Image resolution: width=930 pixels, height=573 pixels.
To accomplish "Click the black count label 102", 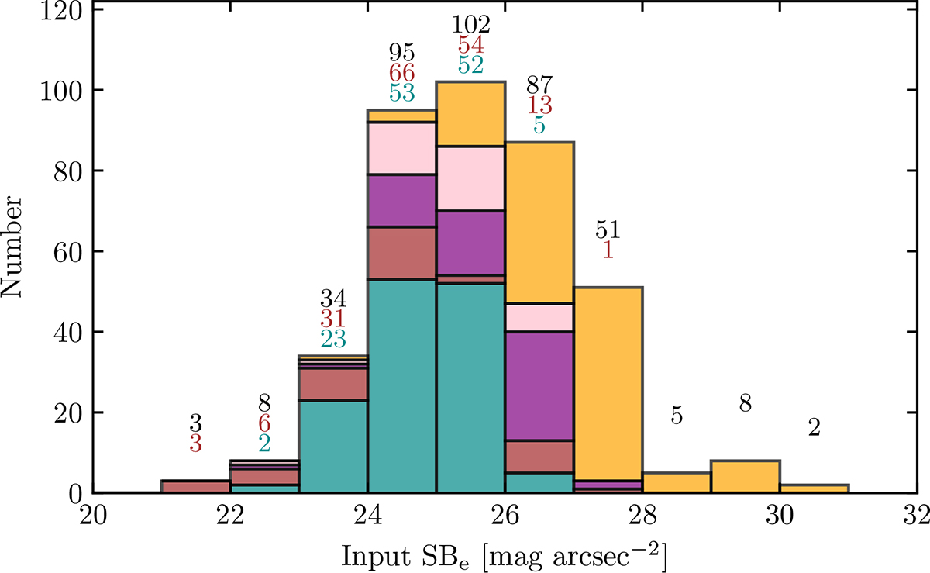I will [470, 25].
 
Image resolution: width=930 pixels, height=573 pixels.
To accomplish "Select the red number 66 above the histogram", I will [402, 73].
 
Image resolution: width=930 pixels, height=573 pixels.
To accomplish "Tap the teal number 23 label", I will [333, 338].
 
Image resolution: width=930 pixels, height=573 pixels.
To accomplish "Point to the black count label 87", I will [539, 85].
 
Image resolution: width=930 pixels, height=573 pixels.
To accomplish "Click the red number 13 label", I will [539, 105].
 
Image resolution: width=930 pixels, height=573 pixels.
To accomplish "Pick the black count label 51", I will [608, 230].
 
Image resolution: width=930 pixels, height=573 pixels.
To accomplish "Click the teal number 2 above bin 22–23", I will [264, 443].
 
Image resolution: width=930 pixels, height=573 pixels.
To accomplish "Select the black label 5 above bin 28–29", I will [677, 416].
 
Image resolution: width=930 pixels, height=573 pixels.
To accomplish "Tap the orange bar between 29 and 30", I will [745, 476].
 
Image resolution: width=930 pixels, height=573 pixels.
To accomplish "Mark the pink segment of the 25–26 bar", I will [470, 178].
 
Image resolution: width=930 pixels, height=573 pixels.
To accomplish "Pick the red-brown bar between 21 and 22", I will [196, 486].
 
